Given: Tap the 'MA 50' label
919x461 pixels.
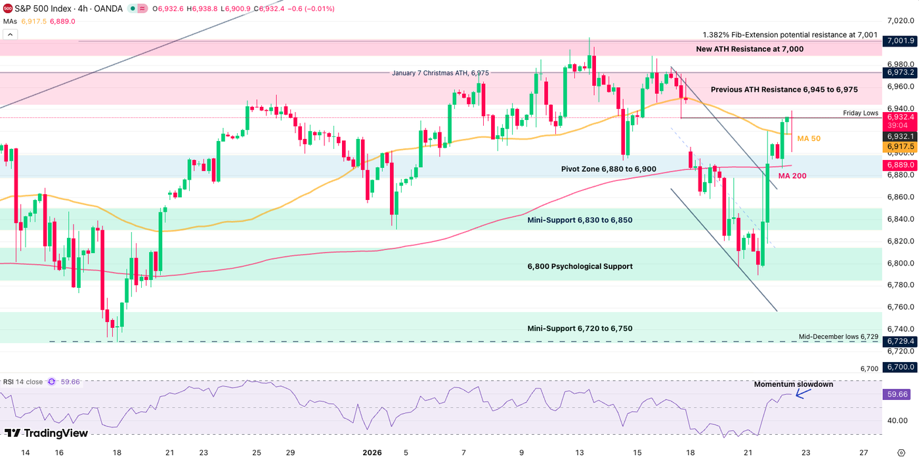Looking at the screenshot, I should [x=809, y=138].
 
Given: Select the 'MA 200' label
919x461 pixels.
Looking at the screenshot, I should [x=792, y=176].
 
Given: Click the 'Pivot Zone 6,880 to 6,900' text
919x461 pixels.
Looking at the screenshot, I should [x=609, y=169].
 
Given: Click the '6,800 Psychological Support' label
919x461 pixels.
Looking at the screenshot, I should [x=580, y=266].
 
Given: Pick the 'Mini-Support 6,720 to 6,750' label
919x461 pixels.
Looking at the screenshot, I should [x=580, y=328].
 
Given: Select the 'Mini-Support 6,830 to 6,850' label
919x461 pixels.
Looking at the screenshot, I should [x=580, y=220].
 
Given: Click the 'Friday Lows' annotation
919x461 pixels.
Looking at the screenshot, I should [x=861, y=113].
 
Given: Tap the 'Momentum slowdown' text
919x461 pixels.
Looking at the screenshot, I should [x=793, y=384].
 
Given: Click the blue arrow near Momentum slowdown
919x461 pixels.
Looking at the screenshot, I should [x=803, y=393].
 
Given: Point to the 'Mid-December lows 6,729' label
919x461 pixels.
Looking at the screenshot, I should [x=838, y=336].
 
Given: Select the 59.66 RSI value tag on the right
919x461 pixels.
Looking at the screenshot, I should [x=897, y=394].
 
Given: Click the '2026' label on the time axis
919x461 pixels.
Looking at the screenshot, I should [x=372, y=452].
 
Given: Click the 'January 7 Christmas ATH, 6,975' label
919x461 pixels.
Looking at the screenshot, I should [x=440, y=73].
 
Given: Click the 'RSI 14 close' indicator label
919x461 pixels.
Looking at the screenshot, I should [x=23, y=382].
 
